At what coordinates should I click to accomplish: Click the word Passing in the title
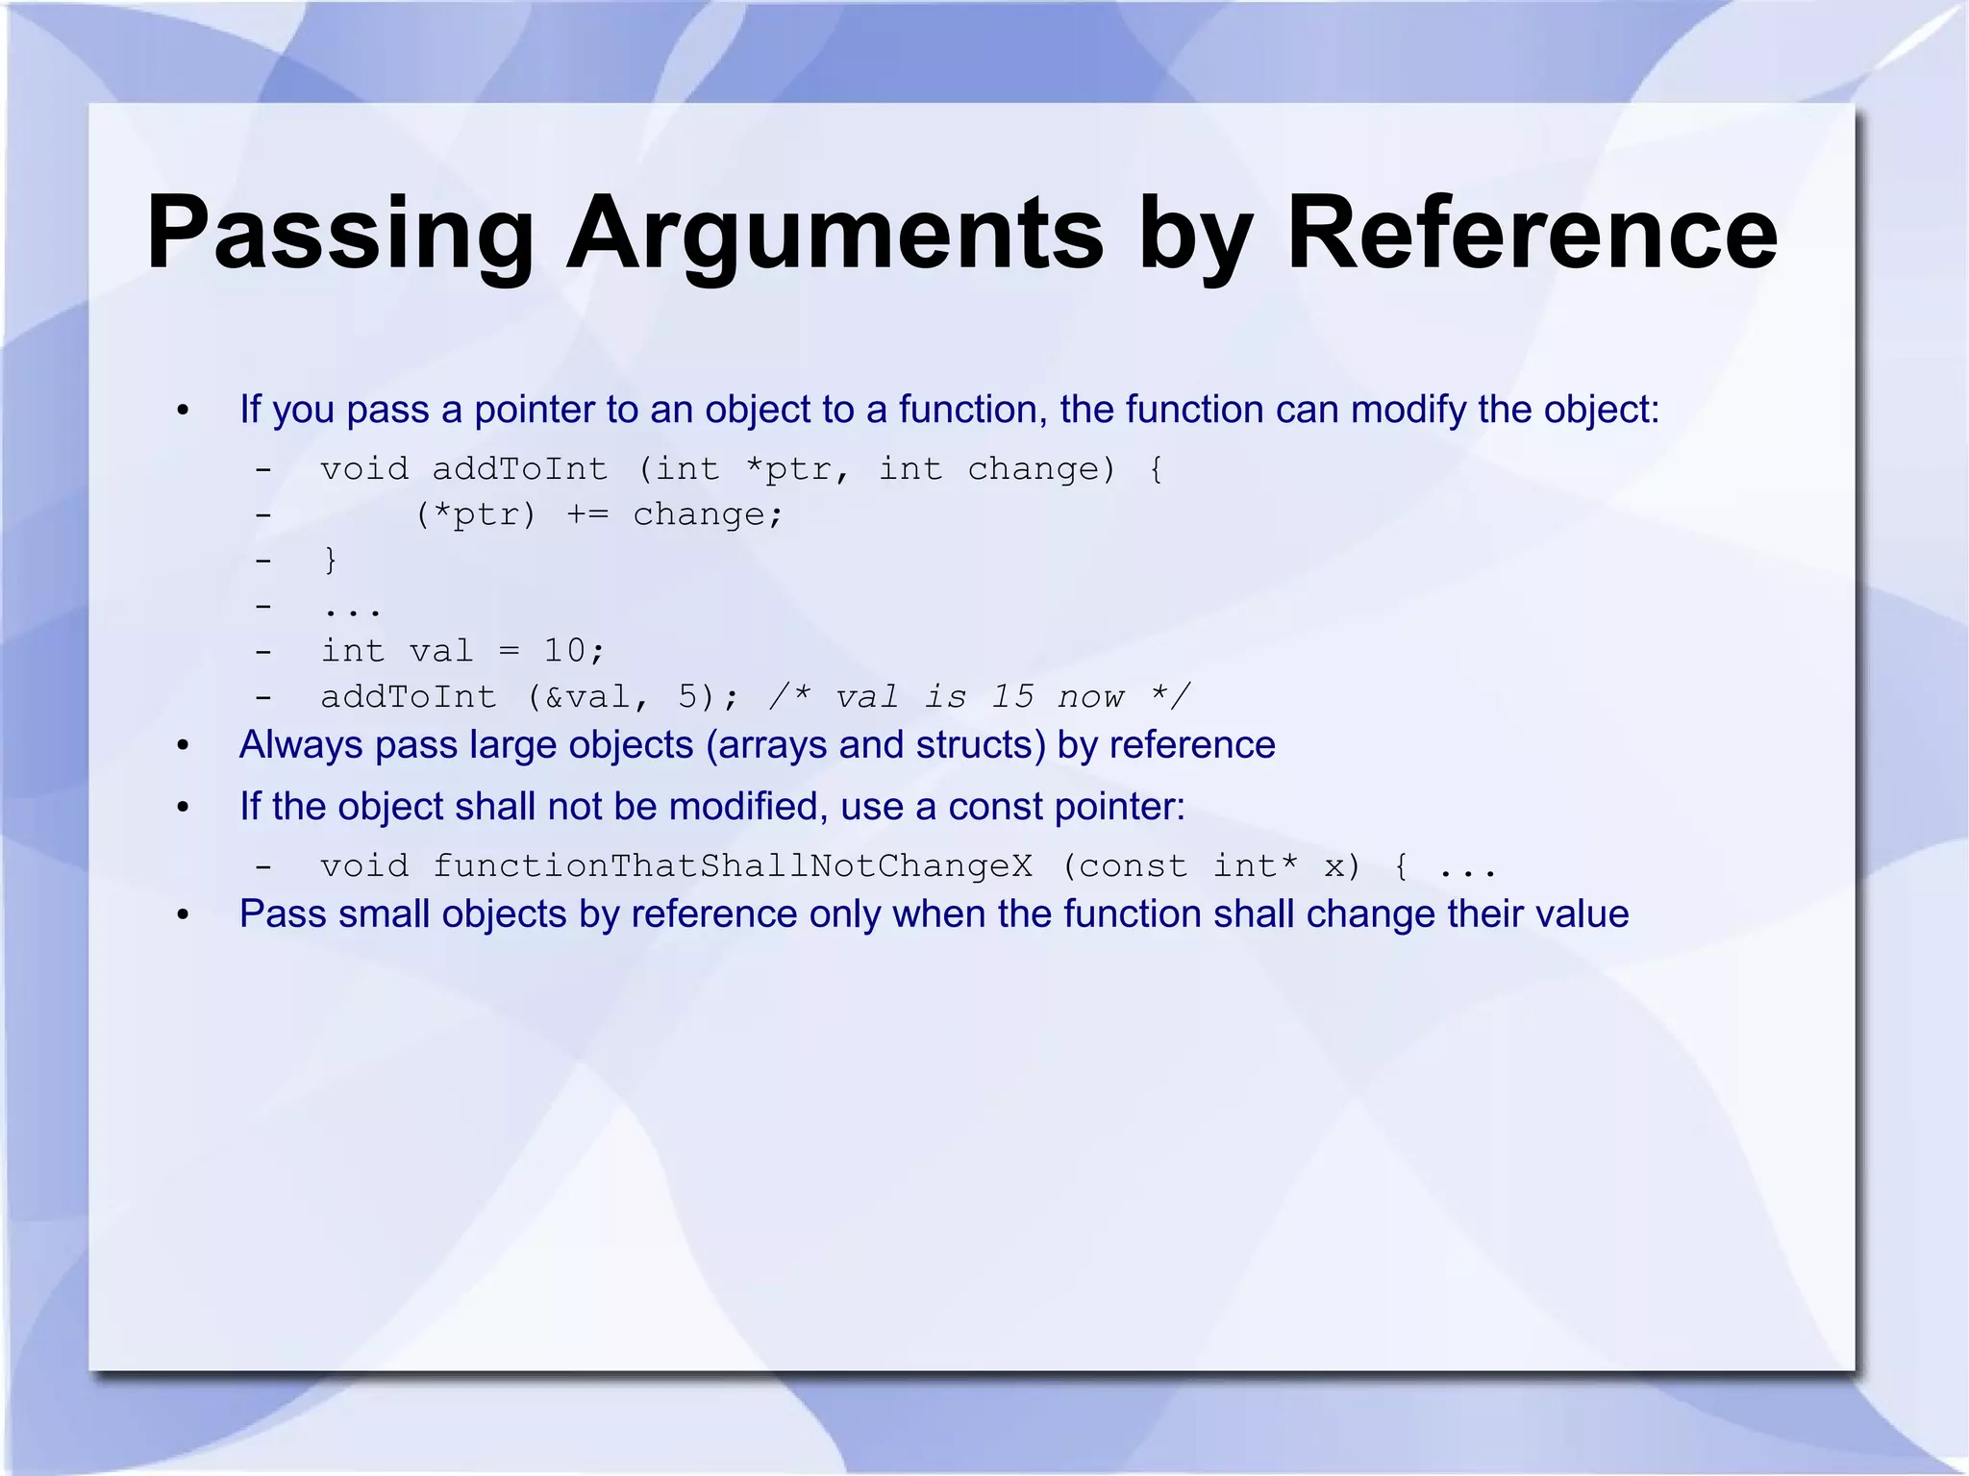point(339,234)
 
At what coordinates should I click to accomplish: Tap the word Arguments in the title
point(835,234)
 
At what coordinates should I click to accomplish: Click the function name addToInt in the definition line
point(519,469)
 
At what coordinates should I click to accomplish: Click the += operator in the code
point(586,514)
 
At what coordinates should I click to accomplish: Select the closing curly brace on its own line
point(331,560)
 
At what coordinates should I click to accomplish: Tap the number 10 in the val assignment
point(564,651)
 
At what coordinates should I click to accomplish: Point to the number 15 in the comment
point(1012,696)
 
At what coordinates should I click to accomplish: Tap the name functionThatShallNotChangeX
point(732,866)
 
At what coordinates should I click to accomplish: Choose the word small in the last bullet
point(387,913)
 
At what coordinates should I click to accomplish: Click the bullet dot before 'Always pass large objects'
point(184,746)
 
